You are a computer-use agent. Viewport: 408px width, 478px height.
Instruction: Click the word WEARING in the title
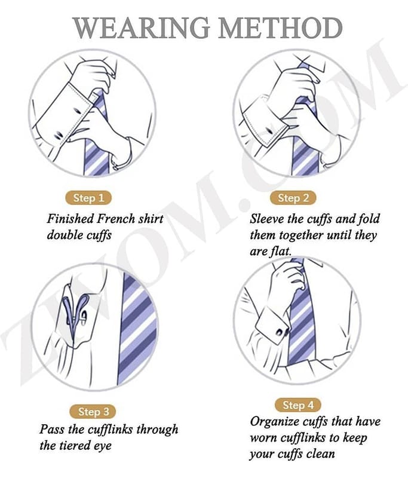pyautogui.click(x=141, y=27)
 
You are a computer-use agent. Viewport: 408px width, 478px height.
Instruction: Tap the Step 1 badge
pyautogui.click(x=88, y=198)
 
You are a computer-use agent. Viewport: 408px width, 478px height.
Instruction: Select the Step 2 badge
pyautogui.click(x=293, y=198)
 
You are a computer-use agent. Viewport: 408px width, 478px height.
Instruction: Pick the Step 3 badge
pyautogui.click(x=93, y=412)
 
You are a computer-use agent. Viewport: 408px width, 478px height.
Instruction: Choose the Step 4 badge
pyautogui.click(x=298, y=405)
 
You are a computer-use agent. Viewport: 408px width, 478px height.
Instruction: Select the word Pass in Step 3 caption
pyautogui.click(x=52, y=429)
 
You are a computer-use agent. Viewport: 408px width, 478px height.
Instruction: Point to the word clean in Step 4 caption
pyautogui.click(x=321, y=454)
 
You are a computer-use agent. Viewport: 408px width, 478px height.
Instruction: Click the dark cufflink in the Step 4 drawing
pyautogui.click(x=280, y=332)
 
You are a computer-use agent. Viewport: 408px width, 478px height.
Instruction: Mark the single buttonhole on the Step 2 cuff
pyautogui.click(x=269, y=131)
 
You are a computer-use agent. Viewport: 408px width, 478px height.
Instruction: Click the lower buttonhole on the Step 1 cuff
pyautogui.click(x=59, y=134)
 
